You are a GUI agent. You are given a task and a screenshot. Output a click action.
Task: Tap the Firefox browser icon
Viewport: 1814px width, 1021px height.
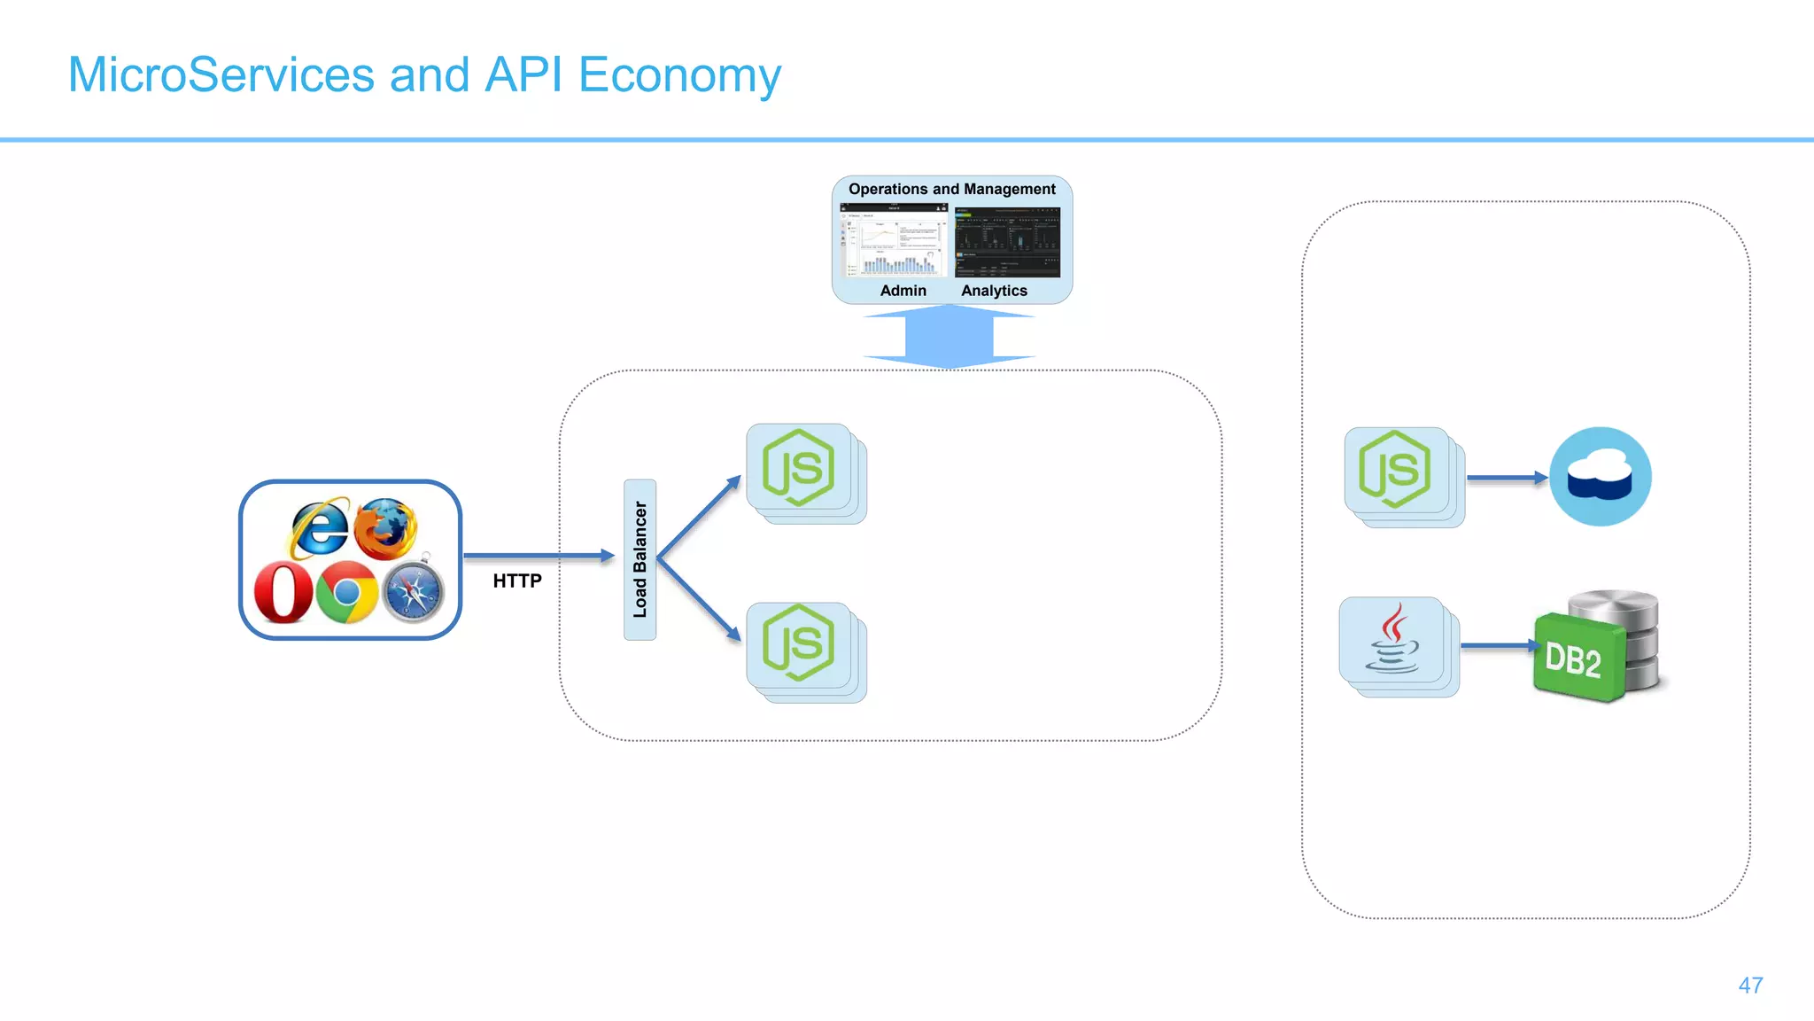pyautogui.click(x=386, y=528)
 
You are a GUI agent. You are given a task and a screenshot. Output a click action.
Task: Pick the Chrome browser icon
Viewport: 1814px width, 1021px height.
pyautogui.click(x=346, y=592)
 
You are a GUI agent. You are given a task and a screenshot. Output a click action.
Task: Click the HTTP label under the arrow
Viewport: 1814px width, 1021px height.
pyautogui.click(x=517, y=581)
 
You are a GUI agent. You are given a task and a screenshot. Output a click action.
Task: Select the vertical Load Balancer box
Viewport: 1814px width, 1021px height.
pyautogui.click(x=640, y=559)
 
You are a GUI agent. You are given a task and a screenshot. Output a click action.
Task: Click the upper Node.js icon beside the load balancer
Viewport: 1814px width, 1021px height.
pyautogui.click(x=799, y=468)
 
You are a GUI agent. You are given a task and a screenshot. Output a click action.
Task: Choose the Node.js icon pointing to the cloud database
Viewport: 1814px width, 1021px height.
pyautogui.click(x=1396, y=470)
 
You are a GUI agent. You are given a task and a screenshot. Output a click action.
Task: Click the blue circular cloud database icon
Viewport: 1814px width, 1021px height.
pyautogui.click(x=1600, y=477)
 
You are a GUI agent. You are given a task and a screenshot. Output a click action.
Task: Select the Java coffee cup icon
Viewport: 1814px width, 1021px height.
pyautogui.click(x=1392, y=640)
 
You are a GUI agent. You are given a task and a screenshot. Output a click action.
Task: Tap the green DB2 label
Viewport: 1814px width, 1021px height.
pyautogui.click(x=1574, y=659)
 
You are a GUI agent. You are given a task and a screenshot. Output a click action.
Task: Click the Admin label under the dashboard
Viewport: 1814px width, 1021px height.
pyautogui.click(x=903, y=291)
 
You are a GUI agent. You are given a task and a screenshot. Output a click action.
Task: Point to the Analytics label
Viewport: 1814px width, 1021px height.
pyautogui.click(x=994, y=291)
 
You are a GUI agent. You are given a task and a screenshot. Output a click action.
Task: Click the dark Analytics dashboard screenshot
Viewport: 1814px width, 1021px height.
pyautogui.click(x=1007, y=242)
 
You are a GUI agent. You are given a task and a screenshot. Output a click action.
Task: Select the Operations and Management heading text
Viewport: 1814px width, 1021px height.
pyautogui.click(x=951, y=189)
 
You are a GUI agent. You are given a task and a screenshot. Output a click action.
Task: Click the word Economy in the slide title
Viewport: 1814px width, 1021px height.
pyautogui.click(x=679, y=74)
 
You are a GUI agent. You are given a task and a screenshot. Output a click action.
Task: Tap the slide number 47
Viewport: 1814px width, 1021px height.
pyautogui.click(x=1750, y=986)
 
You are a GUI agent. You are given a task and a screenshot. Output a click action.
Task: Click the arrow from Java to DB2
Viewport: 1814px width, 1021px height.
pyautogui.click(x=1496, y=646)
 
